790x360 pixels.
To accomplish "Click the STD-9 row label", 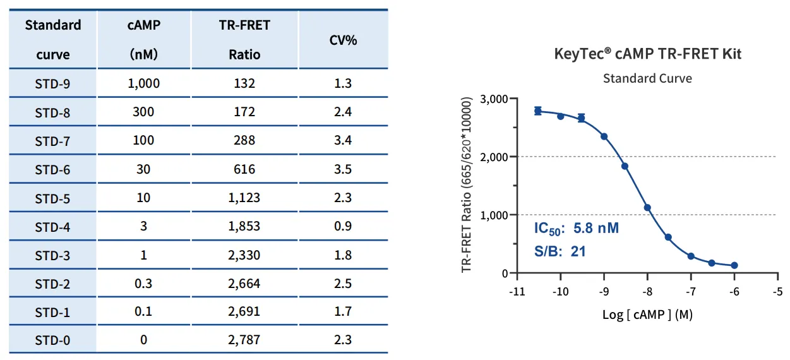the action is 52,84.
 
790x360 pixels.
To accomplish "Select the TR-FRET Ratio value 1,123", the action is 244,198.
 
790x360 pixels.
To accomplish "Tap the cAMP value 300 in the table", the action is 143,112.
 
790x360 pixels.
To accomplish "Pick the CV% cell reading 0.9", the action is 343,226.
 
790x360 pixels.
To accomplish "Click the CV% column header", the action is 343,40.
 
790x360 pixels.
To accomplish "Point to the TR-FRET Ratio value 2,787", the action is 244,340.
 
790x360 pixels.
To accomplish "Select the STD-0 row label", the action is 52,340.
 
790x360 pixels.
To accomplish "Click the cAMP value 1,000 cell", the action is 144,83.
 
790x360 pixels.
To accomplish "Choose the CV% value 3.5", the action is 343,169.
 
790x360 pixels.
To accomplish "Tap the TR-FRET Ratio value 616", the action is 244,169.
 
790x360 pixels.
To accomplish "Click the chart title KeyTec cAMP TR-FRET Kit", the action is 647,54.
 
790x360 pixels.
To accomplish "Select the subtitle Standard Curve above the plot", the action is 647,78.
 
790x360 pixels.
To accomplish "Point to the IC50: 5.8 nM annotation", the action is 577,229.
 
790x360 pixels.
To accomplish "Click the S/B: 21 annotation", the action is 560,251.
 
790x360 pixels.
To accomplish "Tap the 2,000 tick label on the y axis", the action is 494,157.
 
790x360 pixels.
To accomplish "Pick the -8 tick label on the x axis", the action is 647,292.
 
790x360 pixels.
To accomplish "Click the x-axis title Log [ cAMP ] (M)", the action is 647,315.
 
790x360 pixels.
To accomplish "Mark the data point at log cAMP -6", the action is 734,265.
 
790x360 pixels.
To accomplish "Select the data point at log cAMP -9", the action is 604,137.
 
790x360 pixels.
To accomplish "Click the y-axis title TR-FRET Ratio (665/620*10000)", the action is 466,185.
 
